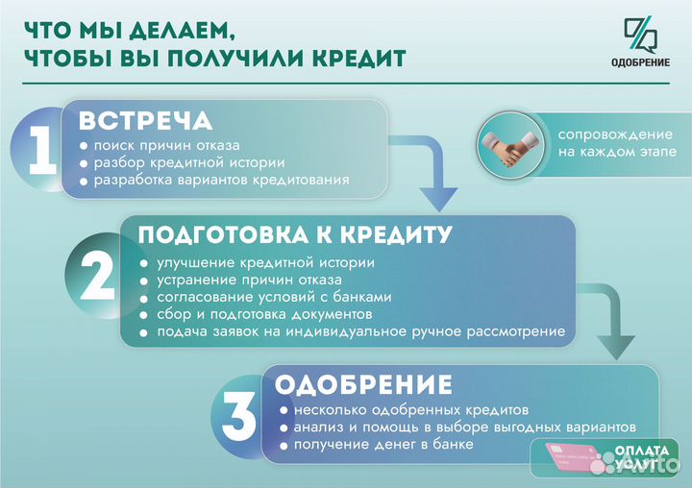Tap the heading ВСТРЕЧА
pyautogui.click(x=145, y=122)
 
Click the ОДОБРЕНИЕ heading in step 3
pyautogui.click(x=363, y=385)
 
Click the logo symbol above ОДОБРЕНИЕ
pyautogui.click(x=640, y=35)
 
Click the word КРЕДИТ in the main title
pyautogui.click(x=352, y=58)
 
